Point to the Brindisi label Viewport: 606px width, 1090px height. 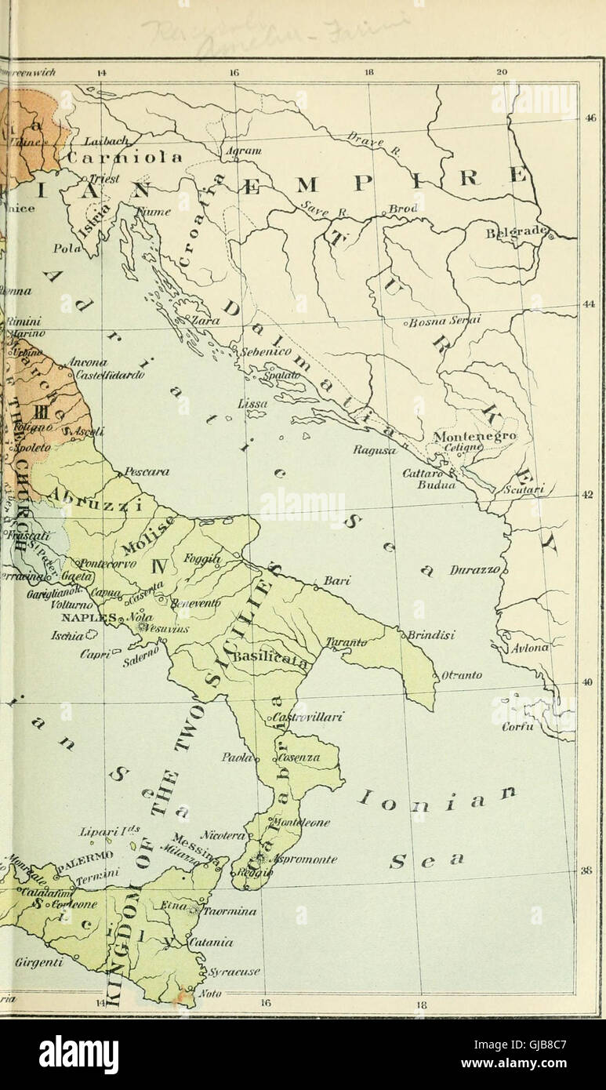pos(431,634)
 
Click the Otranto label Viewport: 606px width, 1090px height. pos(462,675)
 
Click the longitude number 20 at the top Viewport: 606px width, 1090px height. pos(503,73)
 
